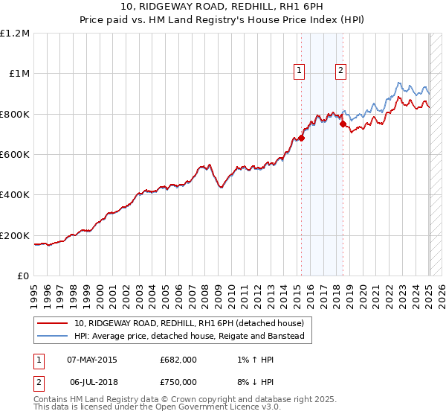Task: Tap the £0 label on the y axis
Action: pyautogui.click(x=24, y=276)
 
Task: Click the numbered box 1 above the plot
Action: pyautogui.click(x=299, y=71)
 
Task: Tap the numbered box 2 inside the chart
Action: pyautogui.click(x=340, y=71)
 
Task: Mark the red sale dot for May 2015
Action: pyautogui.click(x=302, y=138)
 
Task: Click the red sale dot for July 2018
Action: pyautogui.click(x=343, y=124)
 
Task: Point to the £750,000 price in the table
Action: pyautogui.click(x=178, y=381)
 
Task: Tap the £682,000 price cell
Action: pyautogui.click(x=178, y=360)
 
